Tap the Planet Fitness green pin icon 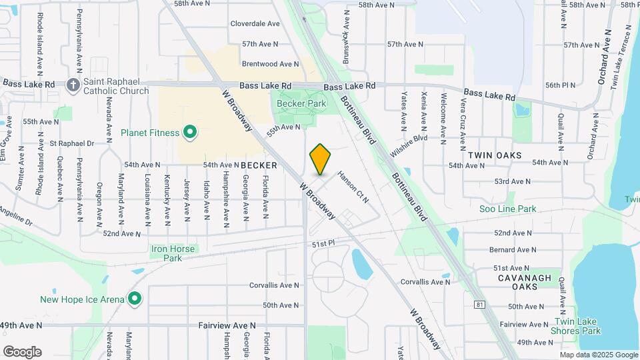point(190,133)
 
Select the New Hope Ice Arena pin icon point(135,299)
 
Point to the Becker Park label point(301,103)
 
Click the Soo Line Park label point(508,209)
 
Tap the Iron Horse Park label point(173,253)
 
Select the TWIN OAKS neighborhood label point(494,155)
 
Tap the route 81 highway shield point(481,305)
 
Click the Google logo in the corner point(22,352)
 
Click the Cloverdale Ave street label point(255,23)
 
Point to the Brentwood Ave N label point(271,64)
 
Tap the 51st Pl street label point(323,245)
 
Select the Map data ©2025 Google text point(599,355)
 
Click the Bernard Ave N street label point(511,249)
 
